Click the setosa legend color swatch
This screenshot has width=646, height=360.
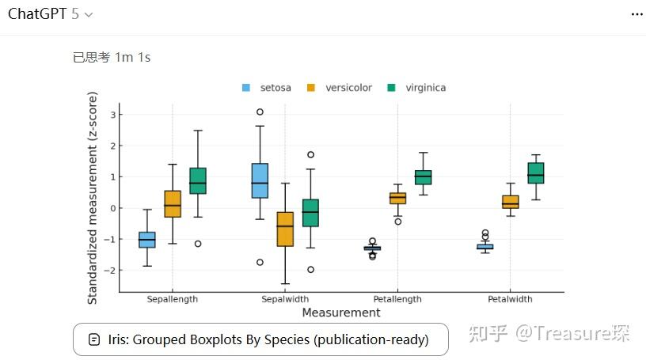[x=246, y=88]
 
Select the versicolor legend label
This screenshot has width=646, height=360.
[x=348, y=88]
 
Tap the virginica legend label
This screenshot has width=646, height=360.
[x=425, y=88]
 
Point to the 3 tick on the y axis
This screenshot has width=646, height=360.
[x=113, y=115]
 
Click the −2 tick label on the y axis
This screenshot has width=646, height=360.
[x=112, y=271]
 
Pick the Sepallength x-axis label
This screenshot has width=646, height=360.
[x=172, y=300]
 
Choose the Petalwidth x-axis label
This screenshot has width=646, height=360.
[x=510, y=300]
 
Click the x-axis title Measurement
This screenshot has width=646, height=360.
[x=341, y=313]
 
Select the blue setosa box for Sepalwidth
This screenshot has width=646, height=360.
[x=260, y=180]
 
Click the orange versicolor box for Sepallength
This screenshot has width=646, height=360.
[x=173, y=204]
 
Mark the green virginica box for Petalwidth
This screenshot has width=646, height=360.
[x=536, y=173]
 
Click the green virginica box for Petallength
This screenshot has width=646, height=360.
[x=424, y=177]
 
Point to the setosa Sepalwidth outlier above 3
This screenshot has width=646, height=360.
[x=260, y=112]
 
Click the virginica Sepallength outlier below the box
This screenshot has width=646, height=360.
[x=198, y=244]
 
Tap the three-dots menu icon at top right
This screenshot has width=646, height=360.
[x=637, y=15]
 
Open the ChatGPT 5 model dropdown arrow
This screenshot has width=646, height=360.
[x=88, y=15]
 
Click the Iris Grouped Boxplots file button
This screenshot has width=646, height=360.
[x=260, y=339]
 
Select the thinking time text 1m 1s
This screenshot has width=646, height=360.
[x=132, y=57]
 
